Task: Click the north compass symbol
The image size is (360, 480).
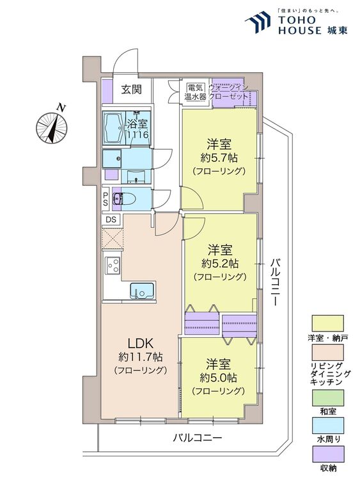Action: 53,127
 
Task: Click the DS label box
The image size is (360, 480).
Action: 111,220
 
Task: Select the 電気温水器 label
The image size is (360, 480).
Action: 195,92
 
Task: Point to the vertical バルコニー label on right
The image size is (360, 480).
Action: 274,282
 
